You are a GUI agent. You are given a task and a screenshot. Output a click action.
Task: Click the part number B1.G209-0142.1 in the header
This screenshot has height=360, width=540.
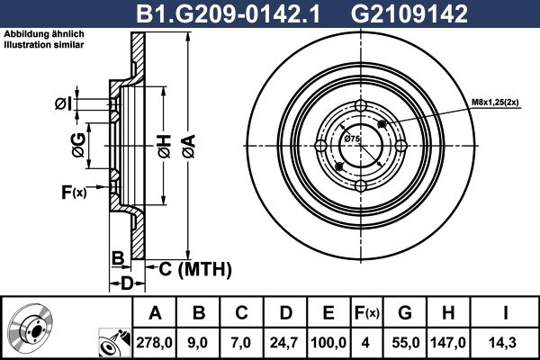[x=228, y=14]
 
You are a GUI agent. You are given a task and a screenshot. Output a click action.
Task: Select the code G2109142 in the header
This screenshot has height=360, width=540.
[x=409, y=14]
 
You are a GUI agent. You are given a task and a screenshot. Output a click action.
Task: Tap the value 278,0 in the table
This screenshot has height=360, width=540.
[x=154, y=343]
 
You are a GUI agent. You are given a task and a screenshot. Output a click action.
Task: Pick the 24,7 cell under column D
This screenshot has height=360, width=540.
[x=284, y=343]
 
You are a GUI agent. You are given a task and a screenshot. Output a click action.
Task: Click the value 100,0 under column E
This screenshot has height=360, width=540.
[x=328, y=343]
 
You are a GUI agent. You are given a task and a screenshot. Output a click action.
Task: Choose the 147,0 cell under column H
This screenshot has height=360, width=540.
[x=448, y=343]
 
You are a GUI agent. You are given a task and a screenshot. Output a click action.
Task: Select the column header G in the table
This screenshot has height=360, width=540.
[x=405, y=313]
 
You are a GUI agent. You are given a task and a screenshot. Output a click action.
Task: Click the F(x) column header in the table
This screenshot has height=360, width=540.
[x=367, y=313]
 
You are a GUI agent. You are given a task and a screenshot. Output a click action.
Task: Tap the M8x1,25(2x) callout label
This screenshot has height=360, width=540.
[x=495, y=103]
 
